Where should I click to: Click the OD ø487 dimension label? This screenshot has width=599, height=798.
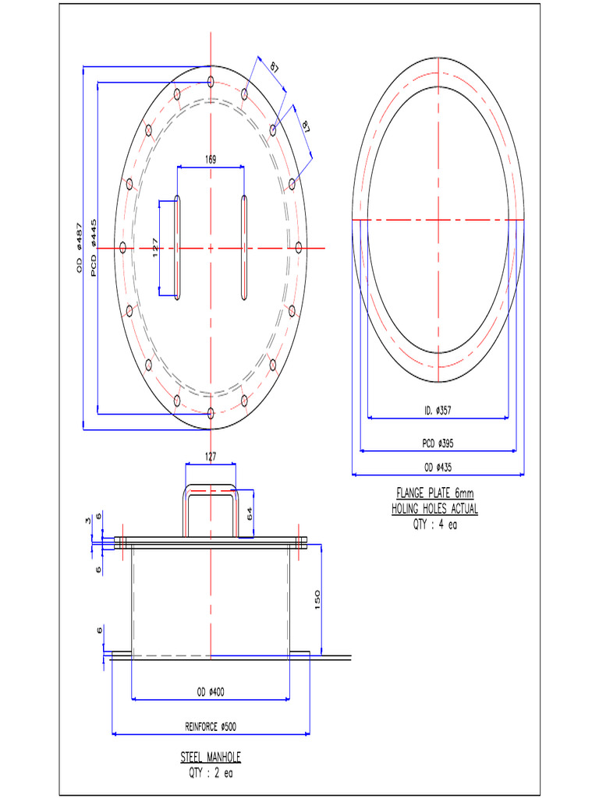pos(79,248)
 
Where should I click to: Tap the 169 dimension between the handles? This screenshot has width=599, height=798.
pos(211,160)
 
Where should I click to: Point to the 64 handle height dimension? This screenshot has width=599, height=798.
pos(250,514)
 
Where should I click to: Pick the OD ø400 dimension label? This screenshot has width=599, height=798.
pos(211,692)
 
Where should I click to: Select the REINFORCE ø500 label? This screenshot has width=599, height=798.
pos(211,726)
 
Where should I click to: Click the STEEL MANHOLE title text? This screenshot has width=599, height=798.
pos(211,757)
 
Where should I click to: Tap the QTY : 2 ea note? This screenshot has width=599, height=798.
pos(211,772)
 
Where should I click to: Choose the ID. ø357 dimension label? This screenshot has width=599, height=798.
pos(438,411)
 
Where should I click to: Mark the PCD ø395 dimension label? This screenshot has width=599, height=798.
pos(438,443)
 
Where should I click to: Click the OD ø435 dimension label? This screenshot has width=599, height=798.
pos(438,468)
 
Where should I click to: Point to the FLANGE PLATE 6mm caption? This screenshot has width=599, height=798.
pos(434,493)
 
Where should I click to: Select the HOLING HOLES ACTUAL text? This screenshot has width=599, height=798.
pos(434,509)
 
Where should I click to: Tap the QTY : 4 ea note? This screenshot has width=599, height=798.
pos(434,524)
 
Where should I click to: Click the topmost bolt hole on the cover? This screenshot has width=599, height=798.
pos(211,80)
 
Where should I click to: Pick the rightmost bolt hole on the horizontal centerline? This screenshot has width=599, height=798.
pos(298,248)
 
